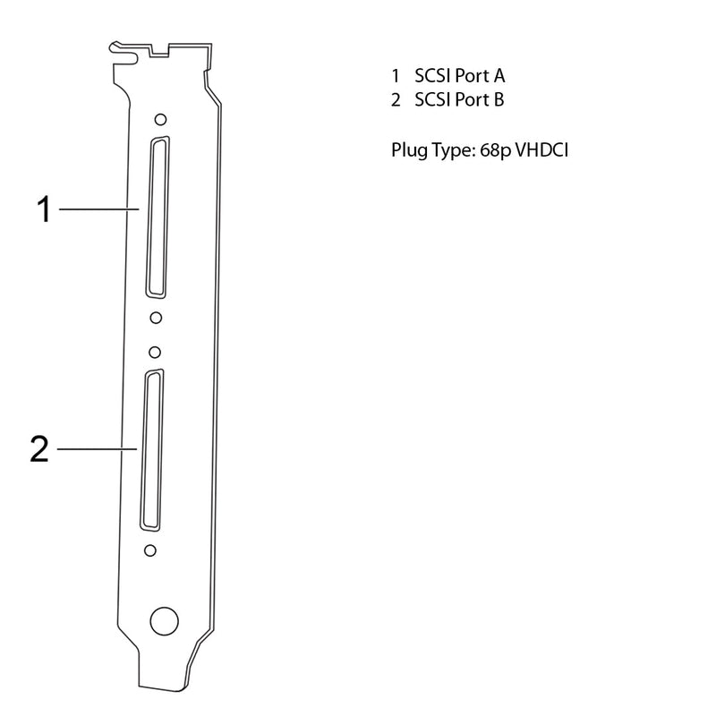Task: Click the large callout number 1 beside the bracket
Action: click(44, 209)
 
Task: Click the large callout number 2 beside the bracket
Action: click(39, 449)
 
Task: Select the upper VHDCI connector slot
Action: click(158, 217)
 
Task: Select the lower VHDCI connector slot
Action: click(152, 450)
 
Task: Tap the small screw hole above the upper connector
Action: click(160, 120)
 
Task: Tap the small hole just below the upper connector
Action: click(156, 318)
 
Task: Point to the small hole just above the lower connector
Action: click(155, 353)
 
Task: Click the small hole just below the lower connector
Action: click(149, 550)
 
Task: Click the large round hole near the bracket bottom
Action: click(165, 621)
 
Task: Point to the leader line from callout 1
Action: click(99, 209)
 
